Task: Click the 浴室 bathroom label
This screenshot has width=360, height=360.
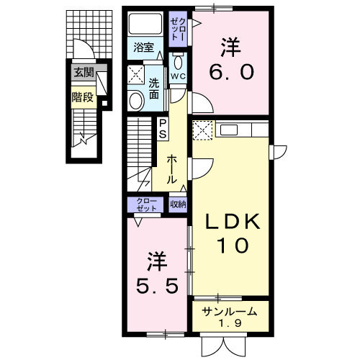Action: (144, 48)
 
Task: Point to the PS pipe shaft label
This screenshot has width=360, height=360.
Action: (163, 129)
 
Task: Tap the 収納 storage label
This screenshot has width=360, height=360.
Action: (178, 204)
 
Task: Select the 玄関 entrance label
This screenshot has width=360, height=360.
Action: (82, 71)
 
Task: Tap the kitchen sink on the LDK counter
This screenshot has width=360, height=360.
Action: (228, 130)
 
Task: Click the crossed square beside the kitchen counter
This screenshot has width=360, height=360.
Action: (202, 130)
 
